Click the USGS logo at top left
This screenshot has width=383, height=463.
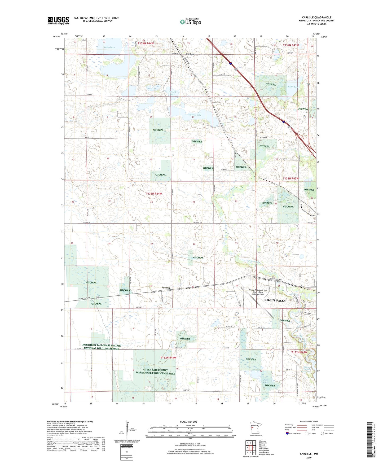(x=58, y=20)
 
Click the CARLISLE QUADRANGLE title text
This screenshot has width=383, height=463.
(x=316, y=18)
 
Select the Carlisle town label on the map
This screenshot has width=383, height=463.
(x=190, y=54)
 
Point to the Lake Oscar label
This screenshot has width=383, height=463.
(x=109, y=47)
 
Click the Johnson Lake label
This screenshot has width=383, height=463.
(x=195, y=115)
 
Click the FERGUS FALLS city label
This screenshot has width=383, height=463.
(x=274, y=300)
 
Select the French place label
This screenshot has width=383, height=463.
(x=166, y=288)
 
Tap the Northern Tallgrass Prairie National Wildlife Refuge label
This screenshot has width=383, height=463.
(x=102, y=347)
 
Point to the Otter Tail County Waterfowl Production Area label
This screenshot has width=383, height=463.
(x=156, y=371)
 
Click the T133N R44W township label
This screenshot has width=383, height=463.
(x=154, y=194)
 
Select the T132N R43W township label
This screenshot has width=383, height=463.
(x=299, y=352)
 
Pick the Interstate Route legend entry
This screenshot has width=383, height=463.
(x=293, y=433)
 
